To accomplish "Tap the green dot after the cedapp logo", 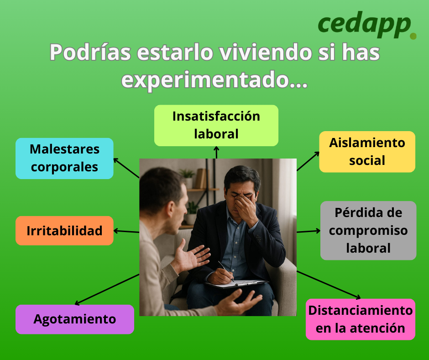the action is pos(413,36).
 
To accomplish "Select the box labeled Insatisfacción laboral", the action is pos(216,126).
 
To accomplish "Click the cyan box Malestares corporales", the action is pos(64,159).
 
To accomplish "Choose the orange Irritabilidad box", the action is pos(64,231).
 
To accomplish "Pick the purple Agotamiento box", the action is pos(75,319).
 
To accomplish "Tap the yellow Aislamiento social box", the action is pos(367,152).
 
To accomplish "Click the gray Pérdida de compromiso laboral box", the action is pos(368,230).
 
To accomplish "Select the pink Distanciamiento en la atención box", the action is pos(361,319).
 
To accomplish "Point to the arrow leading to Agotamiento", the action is pos(107,289).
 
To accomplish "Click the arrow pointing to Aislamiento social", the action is pos(308,161).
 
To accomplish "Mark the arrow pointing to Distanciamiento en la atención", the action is pos(329,285).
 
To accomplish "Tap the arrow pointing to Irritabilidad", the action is pos(126,232).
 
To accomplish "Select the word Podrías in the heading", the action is pos(90,52).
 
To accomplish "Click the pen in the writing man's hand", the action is pos(226,270).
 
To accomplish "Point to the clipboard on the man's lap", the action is pos(237,284).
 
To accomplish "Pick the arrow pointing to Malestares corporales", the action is pos(126,168).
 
